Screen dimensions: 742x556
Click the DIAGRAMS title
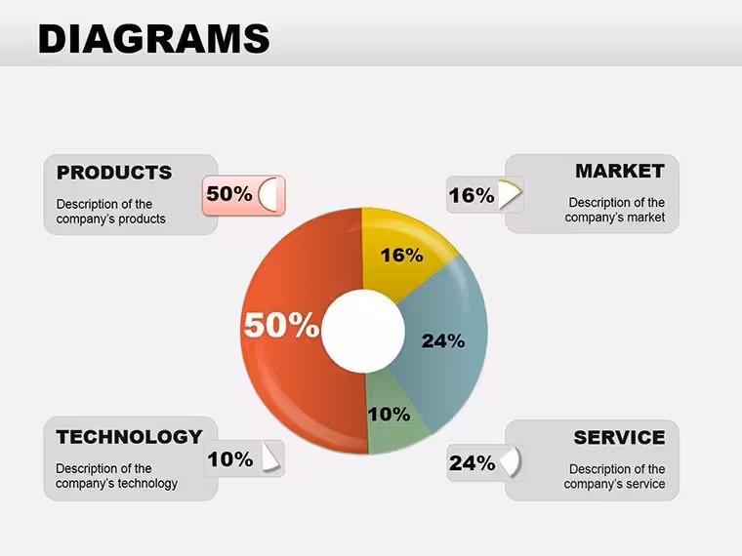pyautogui.click(x=154, y=38)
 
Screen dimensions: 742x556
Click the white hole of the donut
pyautogui.click(x=363, y=331)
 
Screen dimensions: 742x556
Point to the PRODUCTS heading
pyautogui.click(x=114, y=173)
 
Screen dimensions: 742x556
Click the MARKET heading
pyautogui.click(x=620, y=171)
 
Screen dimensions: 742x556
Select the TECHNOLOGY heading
pyautogui.click(x=129, y=437)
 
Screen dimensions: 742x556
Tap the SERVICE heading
pyautogui.click(x=619, y=438)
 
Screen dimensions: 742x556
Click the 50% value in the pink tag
pyautogui.click(x=229, y=194)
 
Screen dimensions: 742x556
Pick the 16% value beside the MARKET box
pyautogui.click(x=472, y=196)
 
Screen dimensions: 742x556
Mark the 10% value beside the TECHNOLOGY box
pyautogui.click(x=230, y=459)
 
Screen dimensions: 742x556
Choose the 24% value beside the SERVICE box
pyautogui.click(x=472, y=463)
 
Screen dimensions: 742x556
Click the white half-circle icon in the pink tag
pyautogui.click(x=268, y=195)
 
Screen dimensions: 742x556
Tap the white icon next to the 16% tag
pyautogui.click(x=510, y=194)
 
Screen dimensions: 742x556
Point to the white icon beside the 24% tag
pyautogui.click(x=510, y=462)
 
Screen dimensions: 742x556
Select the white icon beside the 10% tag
pyautogui.click(x=269, y=458)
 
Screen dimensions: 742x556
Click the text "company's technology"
pyautogui.click(x=116, y=484)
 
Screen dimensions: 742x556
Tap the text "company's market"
pyautogui.click(x=615, y=218)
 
